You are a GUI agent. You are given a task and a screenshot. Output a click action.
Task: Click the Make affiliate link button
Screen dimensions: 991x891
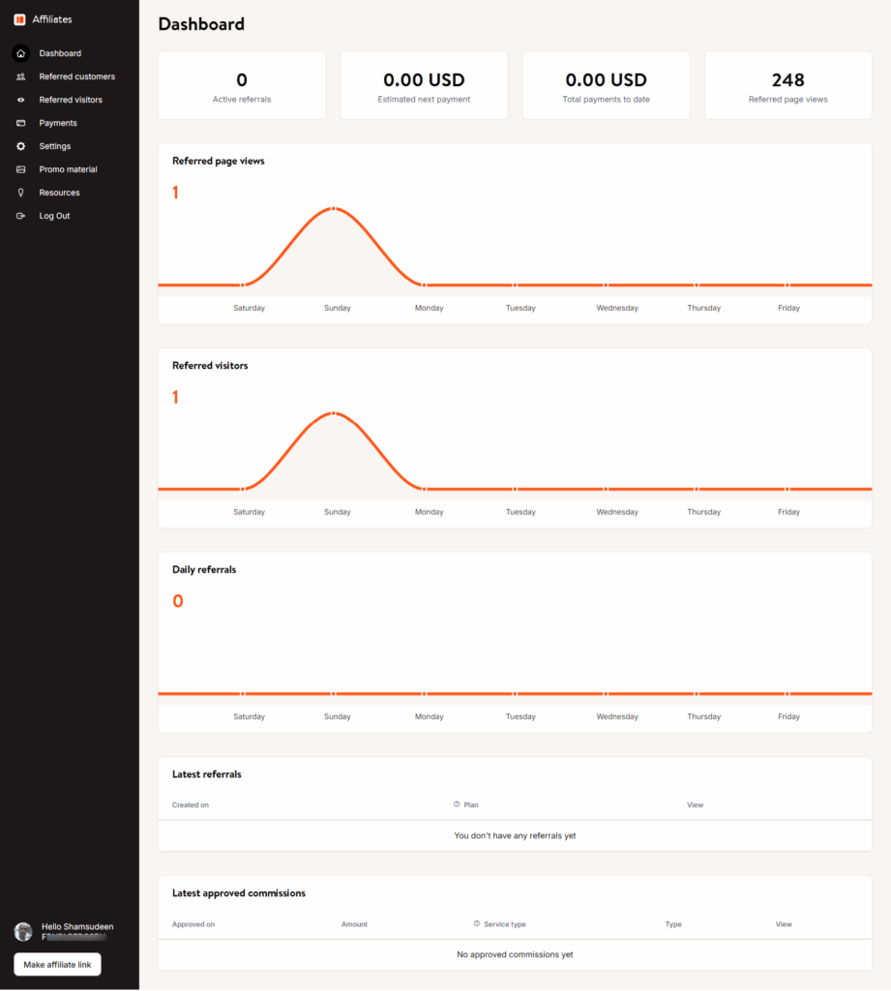(x=57, y=965)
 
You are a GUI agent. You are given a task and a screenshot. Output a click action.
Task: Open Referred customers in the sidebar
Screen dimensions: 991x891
(x=76, y=76)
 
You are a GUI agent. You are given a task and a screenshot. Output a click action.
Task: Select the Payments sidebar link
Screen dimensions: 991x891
(x=58, y=123)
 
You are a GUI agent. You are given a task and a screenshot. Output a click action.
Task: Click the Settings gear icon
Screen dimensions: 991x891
(x=21, y=146)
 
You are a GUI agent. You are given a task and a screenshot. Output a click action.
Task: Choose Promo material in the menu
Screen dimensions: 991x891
(x=68, y=169)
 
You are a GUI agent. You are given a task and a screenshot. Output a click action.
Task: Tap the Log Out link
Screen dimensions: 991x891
(x=54, y=216)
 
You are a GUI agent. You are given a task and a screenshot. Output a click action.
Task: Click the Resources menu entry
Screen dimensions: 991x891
(x=59, y=193)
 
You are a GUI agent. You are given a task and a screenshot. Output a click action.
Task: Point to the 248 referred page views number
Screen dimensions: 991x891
(x=787, y=80)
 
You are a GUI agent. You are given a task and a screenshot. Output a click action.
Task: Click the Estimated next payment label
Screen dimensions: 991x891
(x=424, y=100)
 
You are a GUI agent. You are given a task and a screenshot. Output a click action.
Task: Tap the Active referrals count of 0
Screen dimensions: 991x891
(x=242, y=80)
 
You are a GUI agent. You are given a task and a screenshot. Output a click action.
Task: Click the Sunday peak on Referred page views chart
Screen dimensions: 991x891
(x=333, y=209)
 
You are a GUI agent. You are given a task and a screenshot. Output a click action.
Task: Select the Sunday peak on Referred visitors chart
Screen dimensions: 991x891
(x=333, y=413)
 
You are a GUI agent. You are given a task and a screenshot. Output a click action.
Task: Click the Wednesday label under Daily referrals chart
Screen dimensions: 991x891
(x=617, y=717)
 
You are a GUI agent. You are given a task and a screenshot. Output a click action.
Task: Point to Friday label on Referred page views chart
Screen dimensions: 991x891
(x=788, y=308)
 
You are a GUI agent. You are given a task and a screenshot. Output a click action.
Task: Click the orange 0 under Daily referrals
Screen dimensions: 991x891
(x=178, y=601)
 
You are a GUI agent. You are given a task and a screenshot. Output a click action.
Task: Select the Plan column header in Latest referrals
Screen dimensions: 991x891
(x=471, y=805)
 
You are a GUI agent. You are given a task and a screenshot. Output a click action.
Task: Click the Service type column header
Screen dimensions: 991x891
(x=504, y=924)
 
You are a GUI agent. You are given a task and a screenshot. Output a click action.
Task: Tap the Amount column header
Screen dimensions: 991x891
(x=354, y=924)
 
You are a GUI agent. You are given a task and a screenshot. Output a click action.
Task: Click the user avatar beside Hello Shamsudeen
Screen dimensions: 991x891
(x=23, y=932)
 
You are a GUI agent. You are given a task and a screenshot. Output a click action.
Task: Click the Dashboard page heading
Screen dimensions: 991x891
(x=201, y=24)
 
